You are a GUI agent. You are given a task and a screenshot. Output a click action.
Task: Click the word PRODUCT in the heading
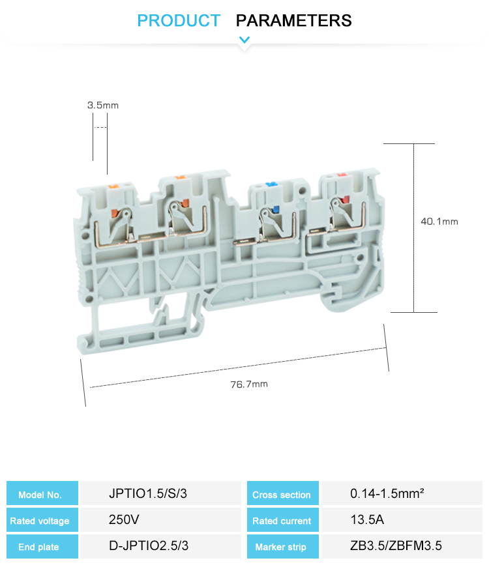click(x=179, y=20)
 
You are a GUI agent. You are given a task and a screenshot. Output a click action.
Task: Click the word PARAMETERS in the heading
click(x=293, y=20)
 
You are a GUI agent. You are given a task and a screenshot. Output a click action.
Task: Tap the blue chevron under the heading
click(x=244, y=39)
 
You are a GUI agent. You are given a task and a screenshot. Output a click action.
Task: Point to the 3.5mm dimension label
click(x=103, y=106)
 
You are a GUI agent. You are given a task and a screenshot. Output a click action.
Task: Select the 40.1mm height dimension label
click(x=439, y=222)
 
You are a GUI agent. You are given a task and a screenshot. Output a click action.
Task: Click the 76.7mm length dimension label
click(x=249, y=384)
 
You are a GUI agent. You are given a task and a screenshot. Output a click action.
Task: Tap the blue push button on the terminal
click(x=275, y=209)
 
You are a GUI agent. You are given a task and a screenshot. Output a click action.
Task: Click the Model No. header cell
click(x=42, y=493)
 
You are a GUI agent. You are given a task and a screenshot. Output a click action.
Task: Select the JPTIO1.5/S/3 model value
click(x=148, y=493)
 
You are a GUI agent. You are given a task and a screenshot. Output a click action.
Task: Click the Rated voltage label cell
click(x=42, y=519)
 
